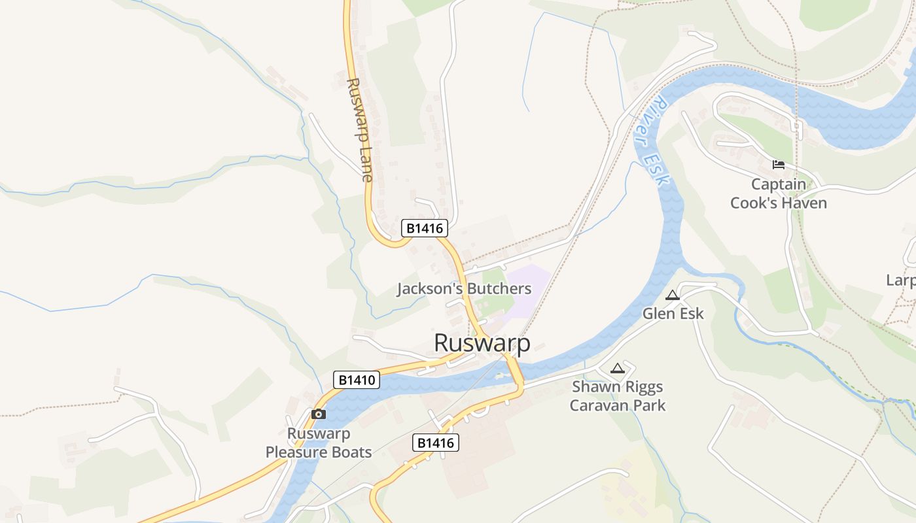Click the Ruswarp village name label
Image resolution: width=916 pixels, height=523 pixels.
pyautogui.click(x=482, y=343)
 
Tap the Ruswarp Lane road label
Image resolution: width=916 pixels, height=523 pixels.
pyautogui.click(x=360, y=130)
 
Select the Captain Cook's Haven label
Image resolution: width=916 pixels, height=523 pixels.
pyautogui.click(x=779, y=194)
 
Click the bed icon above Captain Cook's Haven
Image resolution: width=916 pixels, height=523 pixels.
pyautogui.click(x=778, y=164)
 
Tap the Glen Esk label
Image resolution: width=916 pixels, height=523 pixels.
pyautogui.click(x=673, y=314)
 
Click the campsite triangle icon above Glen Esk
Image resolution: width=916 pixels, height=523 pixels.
pyautogui.click(x=673, y=295)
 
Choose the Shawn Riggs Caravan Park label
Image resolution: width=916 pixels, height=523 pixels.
pyautogui.click(x=618, y=396)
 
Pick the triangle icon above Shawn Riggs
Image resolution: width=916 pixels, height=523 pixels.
pyautogui.click(x=617, y=369)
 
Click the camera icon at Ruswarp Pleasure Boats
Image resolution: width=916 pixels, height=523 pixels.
pyautogui.click(x=319, y=414)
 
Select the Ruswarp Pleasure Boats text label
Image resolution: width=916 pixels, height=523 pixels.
pyautogui.click(x=319, y=443)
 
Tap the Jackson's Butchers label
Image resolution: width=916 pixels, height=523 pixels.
pyautogui.click(x=464, y=289)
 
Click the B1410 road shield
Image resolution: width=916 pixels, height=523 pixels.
pyautogui.click(x=357, y=380)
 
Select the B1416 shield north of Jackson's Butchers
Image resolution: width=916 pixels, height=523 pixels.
pyautogui.click(x=425, y=228)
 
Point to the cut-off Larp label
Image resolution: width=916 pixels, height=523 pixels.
pyautogui.click(x=901, y=280)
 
